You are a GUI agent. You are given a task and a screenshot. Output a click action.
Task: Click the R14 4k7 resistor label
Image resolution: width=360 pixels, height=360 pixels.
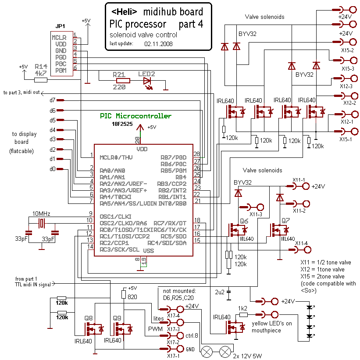pyautogui.click(x=41, y=70)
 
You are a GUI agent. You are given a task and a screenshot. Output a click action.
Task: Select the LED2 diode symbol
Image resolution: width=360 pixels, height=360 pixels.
pyautogui.click(x=147, y=80)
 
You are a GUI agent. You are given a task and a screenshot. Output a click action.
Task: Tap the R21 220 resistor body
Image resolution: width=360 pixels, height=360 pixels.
pyautogui.click(x=123, y=80)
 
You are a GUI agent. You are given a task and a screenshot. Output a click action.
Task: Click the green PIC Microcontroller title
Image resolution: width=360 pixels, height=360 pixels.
pyautogui.click(x=135, y=116)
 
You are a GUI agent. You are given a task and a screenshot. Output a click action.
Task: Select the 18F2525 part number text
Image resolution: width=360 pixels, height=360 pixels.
pyautogui.click(x=124, y=125)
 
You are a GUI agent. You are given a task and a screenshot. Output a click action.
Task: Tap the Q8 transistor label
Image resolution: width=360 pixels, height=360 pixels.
pyautogui.click(x=89, y=317)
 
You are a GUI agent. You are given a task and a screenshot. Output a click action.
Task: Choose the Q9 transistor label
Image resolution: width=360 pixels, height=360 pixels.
pyautogui.click(x=117, y=317)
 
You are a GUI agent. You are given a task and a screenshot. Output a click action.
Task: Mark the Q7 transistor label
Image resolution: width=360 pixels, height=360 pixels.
pyautogui.click(x=285, y=220)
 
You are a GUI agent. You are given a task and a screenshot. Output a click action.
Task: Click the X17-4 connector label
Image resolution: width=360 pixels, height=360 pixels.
pyautogui.click(x=173, y=315)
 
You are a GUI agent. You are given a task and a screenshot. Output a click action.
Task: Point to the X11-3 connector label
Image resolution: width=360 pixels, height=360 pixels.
pyautogui.click(x=256, y=214)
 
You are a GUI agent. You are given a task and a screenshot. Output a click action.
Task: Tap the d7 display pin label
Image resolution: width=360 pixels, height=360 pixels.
pyautogui.click(x=53, y=100)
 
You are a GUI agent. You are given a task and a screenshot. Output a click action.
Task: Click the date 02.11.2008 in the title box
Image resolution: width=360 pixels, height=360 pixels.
pyautogui.click(x=158, y=44)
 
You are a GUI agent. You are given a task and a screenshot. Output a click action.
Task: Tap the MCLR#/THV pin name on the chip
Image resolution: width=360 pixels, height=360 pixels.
pyautogui.click(x=116, y=157)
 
